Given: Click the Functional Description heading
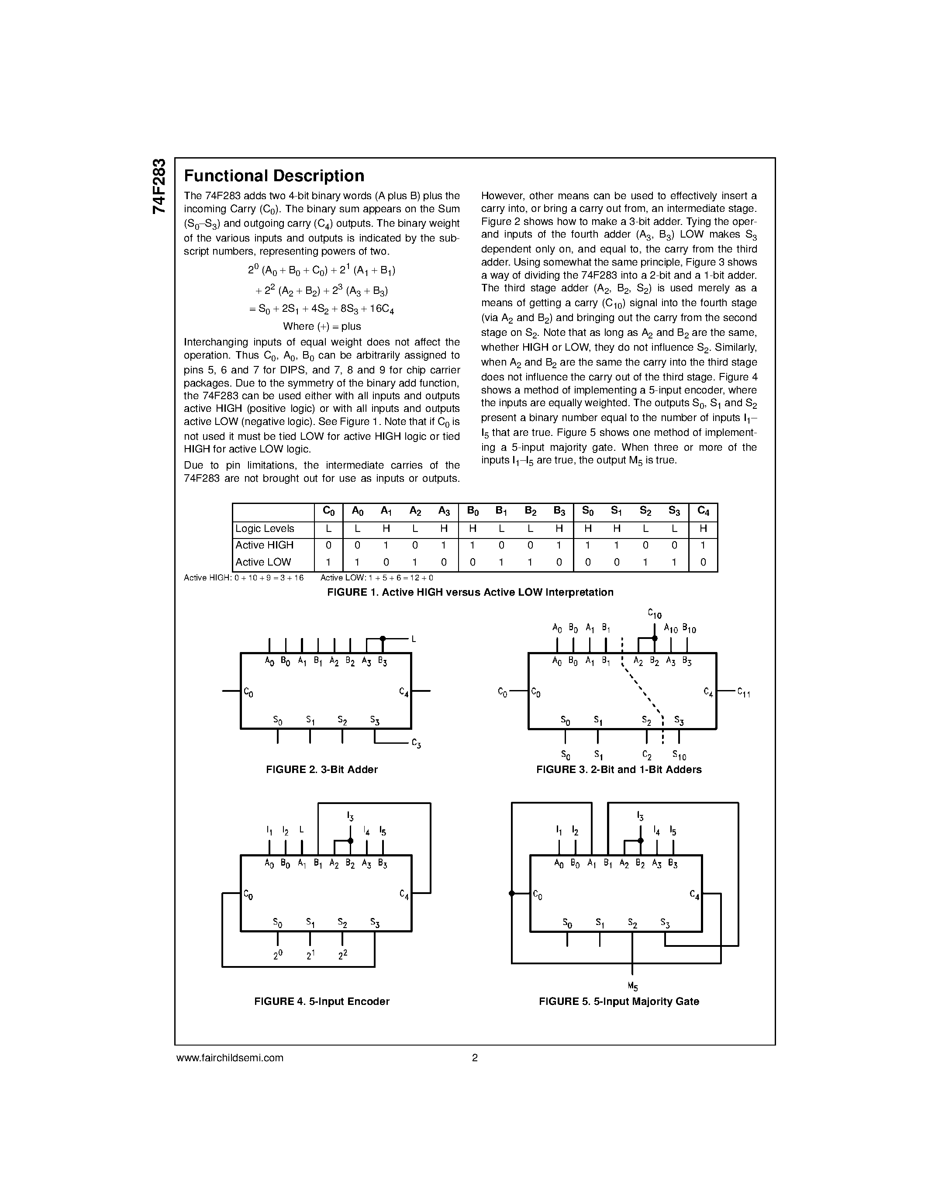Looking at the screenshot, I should coord(274,176).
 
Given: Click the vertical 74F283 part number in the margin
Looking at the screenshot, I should coord(159,186).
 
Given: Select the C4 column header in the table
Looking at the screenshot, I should coord(703,511).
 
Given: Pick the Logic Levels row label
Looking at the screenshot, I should coord(265,528).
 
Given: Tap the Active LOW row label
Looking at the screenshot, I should coord(263,562).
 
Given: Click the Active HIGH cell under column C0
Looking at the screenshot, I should coord(328,545).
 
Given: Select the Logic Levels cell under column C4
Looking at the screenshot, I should coord(703,528).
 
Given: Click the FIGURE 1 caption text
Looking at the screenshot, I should coord(470,592).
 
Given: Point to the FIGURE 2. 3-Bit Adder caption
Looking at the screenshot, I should coord(321,770).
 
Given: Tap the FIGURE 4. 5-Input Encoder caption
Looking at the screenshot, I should coord(321,1001).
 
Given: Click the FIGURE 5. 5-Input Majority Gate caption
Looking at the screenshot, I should coord(618,1001).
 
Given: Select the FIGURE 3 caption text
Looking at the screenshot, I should coord(618,770).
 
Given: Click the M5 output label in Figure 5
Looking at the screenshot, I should coord(632,987).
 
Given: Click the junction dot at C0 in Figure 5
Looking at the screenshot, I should coord(511,894).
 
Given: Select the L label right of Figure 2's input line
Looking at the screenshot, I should coord(414,639).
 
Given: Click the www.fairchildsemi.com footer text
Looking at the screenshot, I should coord(230,1057).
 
